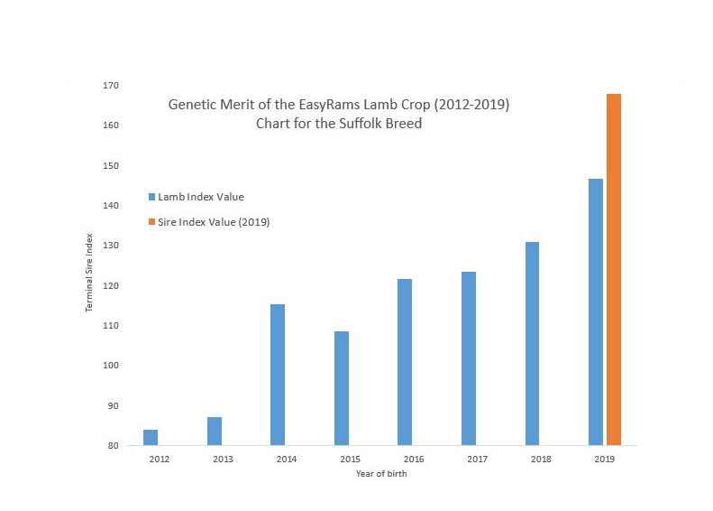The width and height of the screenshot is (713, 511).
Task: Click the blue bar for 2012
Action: [151, 438]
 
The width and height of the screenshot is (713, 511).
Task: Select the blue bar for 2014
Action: [278, 375]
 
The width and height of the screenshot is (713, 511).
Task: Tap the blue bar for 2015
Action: [341, 388]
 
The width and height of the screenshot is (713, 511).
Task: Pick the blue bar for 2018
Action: [532, 343]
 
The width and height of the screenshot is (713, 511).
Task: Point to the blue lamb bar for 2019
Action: [596, 311]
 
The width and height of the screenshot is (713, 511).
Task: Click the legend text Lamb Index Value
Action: [201, 197]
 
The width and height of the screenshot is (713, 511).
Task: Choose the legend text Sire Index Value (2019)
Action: [214, 221]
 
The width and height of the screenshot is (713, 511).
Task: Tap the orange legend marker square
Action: [151, 221]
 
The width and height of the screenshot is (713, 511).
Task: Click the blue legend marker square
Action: [151, 197]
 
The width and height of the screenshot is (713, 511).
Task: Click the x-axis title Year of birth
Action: [380, 474]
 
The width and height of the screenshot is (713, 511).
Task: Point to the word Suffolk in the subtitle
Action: [369, 123]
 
